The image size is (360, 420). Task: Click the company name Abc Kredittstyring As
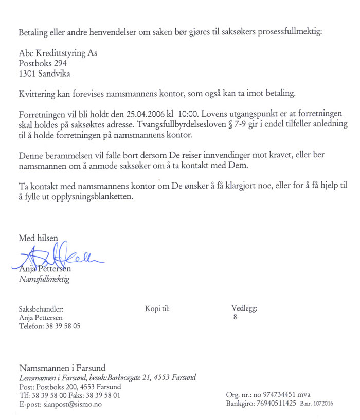click(58, 53)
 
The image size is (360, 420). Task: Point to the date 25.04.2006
click(141, 112)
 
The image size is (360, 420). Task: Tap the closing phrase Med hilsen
click(39, 239)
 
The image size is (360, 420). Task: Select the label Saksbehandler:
click(41, 309)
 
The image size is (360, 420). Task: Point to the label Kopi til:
click(157, 309)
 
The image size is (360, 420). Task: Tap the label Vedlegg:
click(244, 309)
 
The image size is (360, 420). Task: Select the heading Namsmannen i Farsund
click(62, 368)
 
